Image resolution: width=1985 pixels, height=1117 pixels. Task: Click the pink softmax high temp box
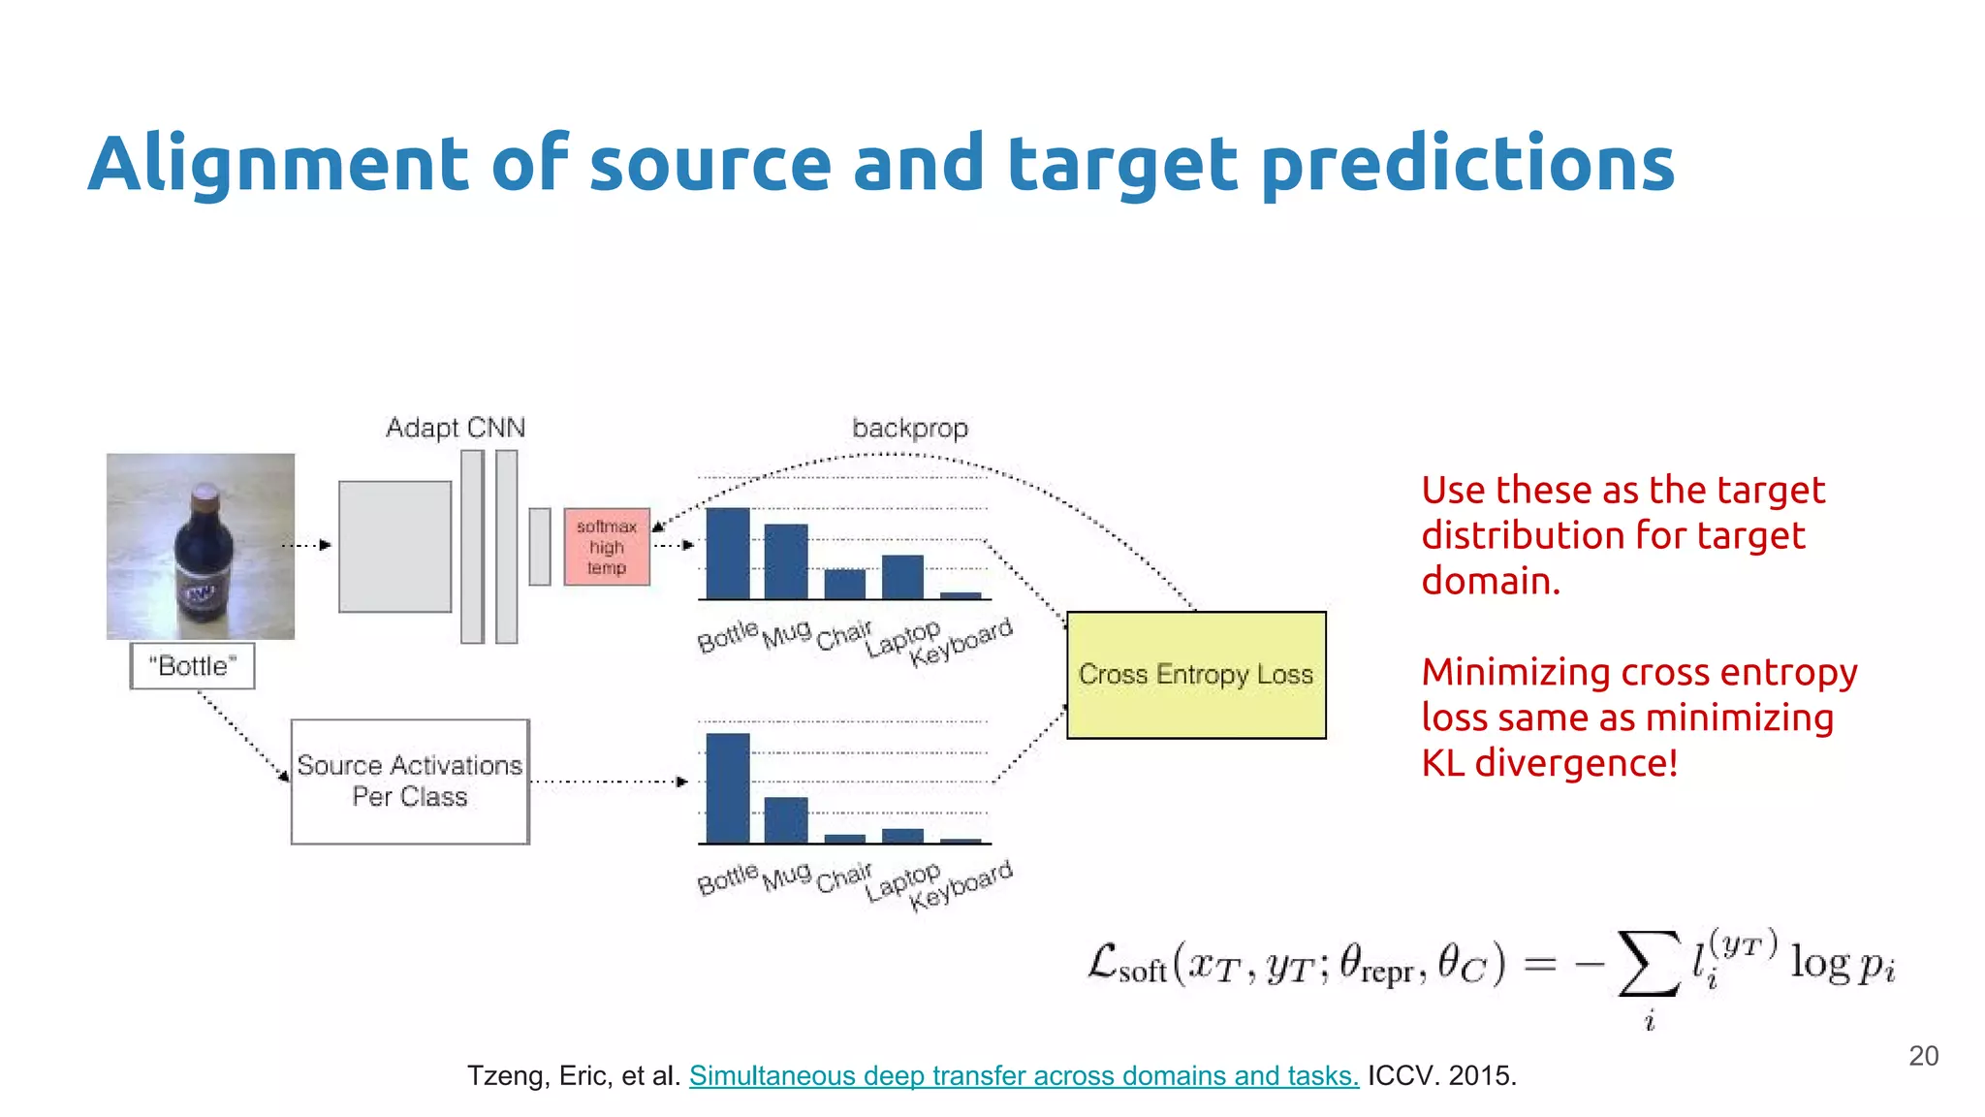tap(607, 547)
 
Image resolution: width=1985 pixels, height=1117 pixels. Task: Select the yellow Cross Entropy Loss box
tap(1196, 675)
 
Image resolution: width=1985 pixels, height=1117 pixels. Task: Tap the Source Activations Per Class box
tap(410, 782)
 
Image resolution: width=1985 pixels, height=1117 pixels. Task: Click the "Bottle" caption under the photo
tap(193, 666)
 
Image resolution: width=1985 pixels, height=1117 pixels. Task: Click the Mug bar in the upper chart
tap(785, 561)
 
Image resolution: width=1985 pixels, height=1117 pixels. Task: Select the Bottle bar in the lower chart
tap(727, 787)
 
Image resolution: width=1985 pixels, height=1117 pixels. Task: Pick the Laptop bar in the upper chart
tap(902, 577)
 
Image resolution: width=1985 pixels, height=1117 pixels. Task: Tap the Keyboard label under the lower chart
tap(961, 885)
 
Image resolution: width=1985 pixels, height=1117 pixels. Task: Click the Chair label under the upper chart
tap(843, 636)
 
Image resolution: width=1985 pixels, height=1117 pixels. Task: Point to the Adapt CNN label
tap(456, 428)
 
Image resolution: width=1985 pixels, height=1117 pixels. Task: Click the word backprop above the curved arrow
tap(910, 428)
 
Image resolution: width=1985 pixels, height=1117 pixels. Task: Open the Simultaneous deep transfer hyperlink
tap(1024, 1075)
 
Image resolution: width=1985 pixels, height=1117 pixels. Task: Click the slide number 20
tap(1923, 1056)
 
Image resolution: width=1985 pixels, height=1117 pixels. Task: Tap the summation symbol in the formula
tap(1649, 964)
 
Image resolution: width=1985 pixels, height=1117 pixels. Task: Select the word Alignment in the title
tap(280, 164)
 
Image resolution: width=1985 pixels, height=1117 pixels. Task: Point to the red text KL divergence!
tap(1549, 763)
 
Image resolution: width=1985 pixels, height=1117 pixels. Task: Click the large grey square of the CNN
tap(394, 547)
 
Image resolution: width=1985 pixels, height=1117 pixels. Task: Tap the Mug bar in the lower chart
tap(785, 819)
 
